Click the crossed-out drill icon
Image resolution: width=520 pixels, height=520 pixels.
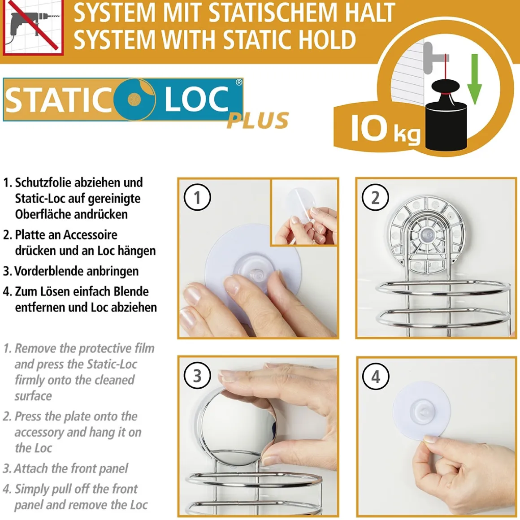33,27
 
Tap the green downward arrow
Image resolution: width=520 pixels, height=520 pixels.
475,79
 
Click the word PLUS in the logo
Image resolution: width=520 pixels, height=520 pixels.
258,120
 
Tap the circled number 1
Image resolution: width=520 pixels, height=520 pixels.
197,197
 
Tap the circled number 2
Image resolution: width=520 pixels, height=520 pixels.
375,197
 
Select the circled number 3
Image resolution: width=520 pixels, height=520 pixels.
197,375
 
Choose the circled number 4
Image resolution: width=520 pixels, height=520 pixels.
375,377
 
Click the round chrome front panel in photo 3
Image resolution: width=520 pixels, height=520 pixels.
237,425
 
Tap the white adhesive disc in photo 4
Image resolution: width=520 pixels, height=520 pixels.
421,413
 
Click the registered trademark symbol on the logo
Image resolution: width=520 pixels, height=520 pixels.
239,82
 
